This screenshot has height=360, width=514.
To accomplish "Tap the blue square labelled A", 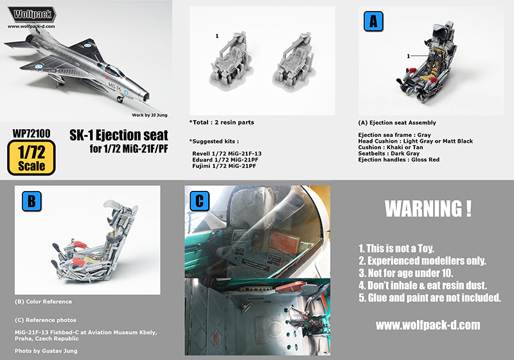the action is coord(373,21).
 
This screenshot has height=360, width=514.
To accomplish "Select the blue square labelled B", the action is coord(31,201).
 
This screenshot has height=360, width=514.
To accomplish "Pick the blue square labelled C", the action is coord(200,201).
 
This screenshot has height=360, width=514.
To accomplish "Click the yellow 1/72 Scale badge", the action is coord(31,157).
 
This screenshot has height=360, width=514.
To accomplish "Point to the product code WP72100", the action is coord(31,134).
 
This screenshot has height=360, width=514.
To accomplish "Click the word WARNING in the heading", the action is coord(423,208).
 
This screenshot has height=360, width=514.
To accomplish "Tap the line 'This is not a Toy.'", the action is coord(396,248).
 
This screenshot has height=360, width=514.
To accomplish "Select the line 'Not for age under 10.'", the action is coord(405,273).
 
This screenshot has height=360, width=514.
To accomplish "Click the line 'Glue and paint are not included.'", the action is coord(430,298).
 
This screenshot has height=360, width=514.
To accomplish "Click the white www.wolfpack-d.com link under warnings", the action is coord(428,325).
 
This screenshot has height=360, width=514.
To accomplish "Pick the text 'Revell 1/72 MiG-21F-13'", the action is coord(227,154).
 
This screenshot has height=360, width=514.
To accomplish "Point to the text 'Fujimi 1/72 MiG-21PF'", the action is coord(224,166).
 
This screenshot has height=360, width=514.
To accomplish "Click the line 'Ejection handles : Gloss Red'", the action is coord(398,159).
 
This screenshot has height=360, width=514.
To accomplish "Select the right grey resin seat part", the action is coord(294,60).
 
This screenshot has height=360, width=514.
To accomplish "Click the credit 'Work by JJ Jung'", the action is coord(150,115).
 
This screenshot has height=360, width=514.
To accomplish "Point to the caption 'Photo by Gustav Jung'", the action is coord(46,351).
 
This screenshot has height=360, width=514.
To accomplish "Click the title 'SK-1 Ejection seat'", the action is coord(119,135).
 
